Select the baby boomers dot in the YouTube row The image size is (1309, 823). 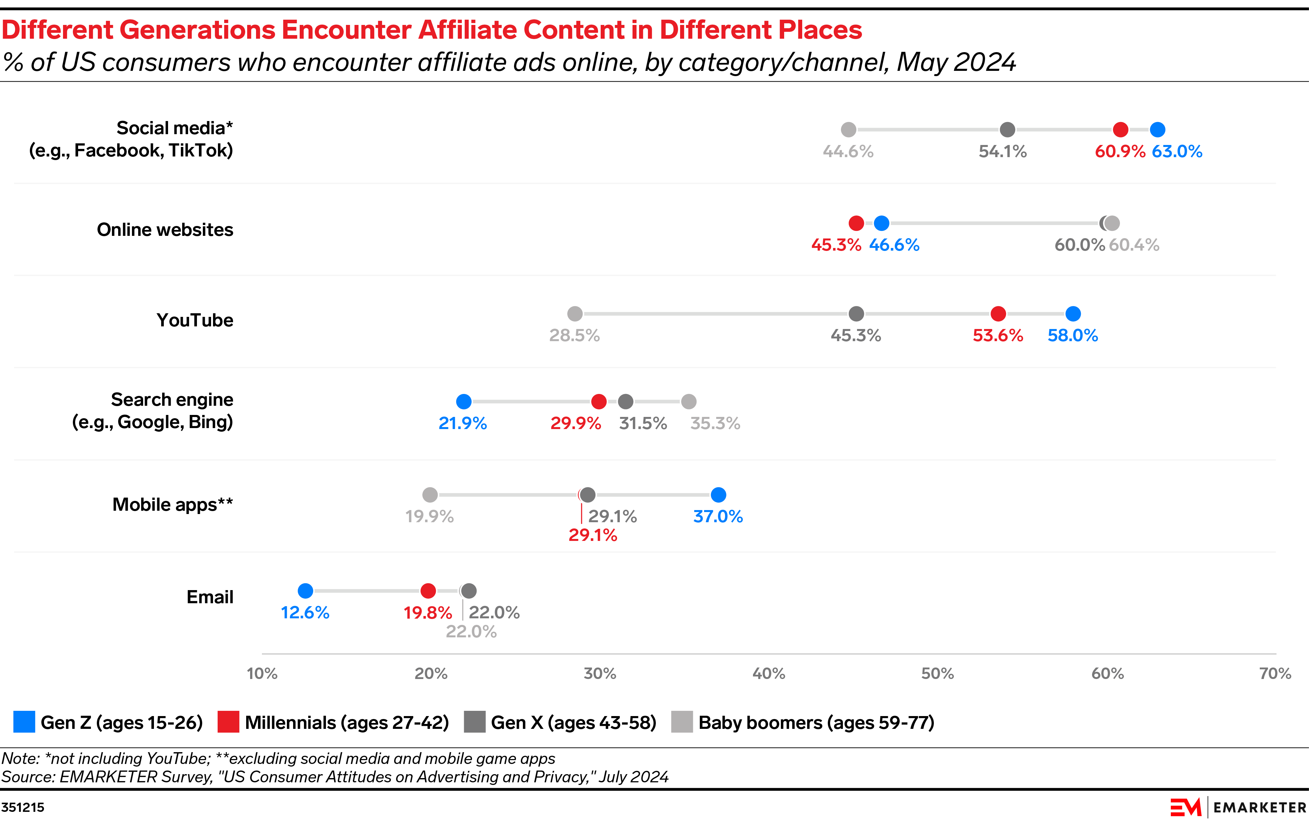[575, 314]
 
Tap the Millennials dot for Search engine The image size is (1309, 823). [598, 401]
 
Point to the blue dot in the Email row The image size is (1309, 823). [306, 590]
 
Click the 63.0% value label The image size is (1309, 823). [1177, 152]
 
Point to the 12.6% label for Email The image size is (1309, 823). [305, 613]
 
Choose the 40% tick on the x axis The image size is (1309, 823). [769, 674]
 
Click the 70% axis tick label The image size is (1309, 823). [1275, 674]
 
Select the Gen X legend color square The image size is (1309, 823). [475, 722]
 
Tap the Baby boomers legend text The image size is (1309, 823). [816, 723]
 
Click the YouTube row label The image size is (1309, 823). [195, 320]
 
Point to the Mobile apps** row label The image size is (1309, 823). [172, 505]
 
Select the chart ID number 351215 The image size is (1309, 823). [23, 807]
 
